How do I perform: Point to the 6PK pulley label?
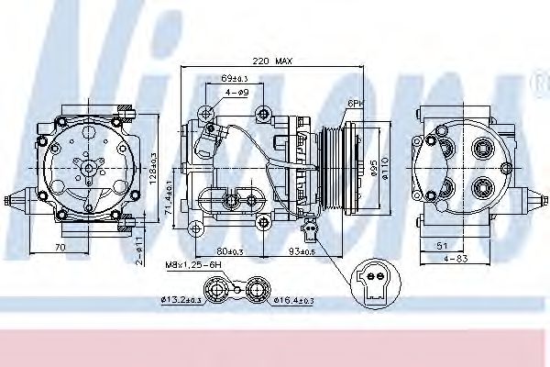tap(354, 104)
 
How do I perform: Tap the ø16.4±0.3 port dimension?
tap(293, 300)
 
